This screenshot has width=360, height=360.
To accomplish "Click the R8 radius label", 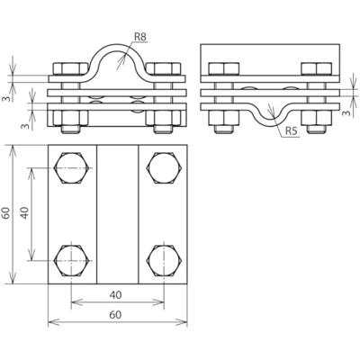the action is tap(139, 37).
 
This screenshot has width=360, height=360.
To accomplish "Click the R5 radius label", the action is tap(292, 130).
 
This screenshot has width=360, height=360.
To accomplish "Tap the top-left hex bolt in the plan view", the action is tap(71, 168).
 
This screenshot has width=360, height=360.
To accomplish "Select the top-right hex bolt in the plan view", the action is tap(164, 168).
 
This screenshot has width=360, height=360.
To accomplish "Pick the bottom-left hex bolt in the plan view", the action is tap(71, 260).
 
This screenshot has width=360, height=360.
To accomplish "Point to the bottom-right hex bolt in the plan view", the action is tap(164, 260).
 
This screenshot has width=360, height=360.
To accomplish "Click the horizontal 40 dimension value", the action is tap(115, 295).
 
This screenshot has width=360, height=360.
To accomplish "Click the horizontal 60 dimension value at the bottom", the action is tap(115, 315).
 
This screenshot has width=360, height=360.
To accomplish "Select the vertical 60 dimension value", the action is tap(6, 212).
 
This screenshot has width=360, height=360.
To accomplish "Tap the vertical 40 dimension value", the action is tap(25, 212).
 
